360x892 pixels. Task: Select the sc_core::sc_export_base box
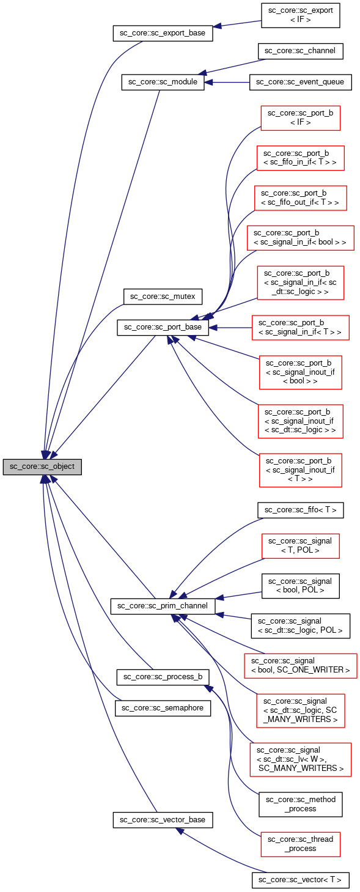163,33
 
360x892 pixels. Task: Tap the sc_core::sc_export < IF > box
300,16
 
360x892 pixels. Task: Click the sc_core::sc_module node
163,83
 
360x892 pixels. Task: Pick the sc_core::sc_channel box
300,51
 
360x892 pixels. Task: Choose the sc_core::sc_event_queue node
300,83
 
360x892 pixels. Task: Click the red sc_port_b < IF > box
300,117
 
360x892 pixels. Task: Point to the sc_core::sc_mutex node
163,297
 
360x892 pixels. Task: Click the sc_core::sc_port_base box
163,327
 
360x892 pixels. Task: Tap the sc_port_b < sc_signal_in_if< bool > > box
300,237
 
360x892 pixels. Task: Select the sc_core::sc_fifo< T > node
300,510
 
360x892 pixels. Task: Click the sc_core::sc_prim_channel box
163,606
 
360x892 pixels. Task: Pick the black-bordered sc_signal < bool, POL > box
300,586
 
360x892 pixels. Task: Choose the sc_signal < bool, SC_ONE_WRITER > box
300,665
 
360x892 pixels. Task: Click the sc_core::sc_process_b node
163,677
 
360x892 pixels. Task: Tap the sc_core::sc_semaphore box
163,708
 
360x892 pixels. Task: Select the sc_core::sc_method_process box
300,804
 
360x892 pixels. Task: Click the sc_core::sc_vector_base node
163,820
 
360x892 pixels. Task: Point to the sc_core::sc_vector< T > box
300,880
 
